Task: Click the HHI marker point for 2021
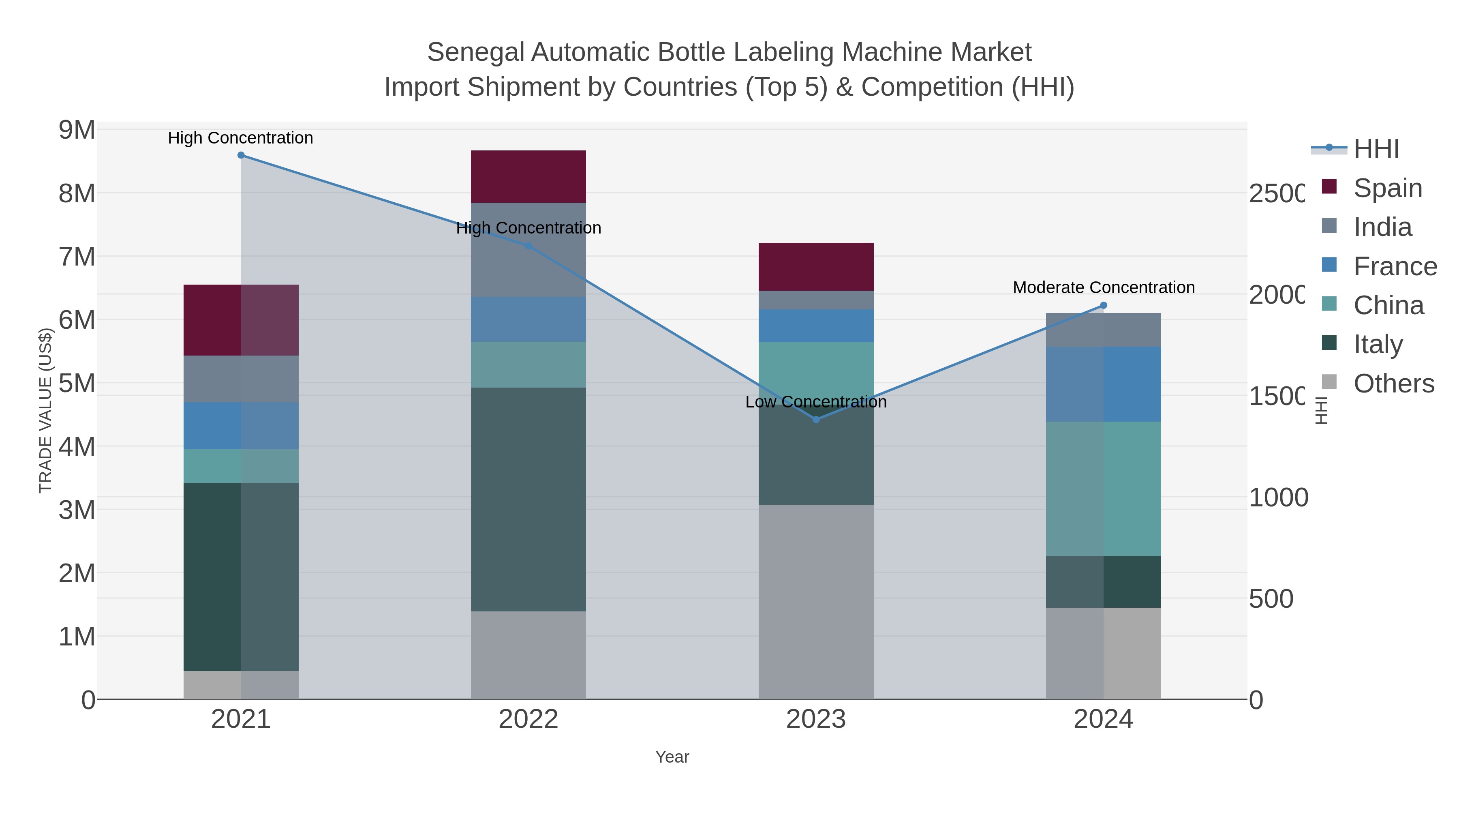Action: coord(241,155)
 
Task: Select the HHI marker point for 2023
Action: coord(815,419)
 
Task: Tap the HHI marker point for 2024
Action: coord(1103,305)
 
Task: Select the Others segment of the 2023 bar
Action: coord(815,601)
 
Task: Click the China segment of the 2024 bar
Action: coord(1103,489)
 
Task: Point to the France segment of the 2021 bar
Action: coord(241,426)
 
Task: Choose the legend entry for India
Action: coord(1382,227)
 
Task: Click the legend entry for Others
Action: coord(1393,384)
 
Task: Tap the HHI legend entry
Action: coord(1376,149)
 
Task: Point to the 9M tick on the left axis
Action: coord(77,130)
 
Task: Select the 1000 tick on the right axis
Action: coord(1278,497)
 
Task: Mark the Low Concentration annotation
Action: coord(815,402)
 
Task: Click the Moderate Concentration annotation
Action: coord(1103,287)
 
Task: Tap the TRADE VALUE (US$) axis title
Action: coord(45,410)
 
